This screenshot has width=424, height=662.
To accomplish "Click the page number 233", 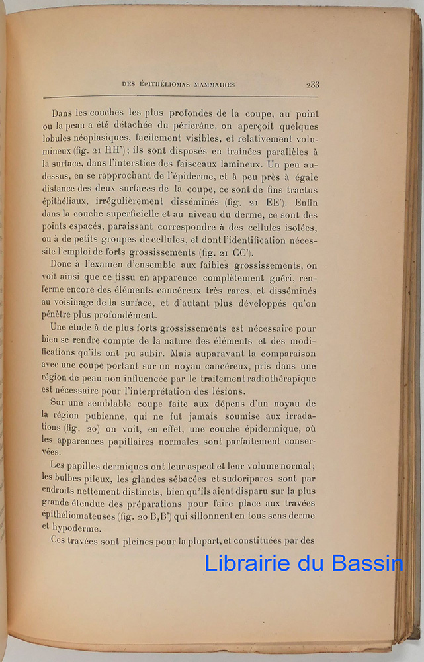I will (x=313, y=84).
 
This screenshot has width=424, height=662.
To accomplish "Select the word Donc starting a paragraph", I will (x=64, y=265).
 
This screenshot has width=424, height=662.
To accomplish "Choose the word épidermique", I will (x=255, y=428).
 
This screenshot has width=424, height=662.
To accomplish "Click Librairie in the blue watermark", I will (x=247, y=563).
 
